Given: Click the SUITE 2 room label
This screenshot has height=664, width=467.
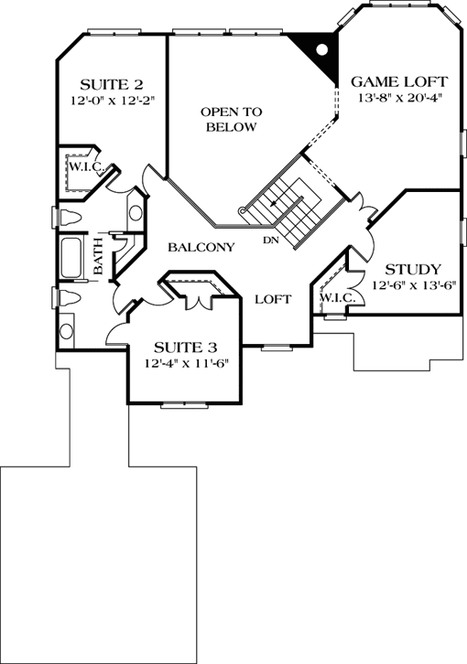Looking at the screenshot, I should tap(104, 80).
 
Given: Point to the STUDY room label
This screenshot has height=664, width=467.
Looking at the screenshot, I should tap(413, 269).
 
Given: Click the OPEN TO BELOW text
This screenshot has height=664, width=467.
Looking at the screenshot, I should tap(232, 119).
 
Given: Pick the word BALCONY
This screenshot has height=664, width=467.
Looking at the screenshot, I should tap(201, 247).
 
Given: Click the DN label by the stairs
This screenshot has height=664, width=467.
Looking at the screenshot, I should tap(271, 241).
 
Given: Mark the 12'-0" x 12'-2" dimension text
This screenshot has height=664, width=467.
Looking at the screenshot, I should tap(104, 99).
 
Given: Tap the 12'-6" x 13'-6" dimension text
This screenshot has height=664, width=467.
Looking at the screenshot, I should tap(414, 285).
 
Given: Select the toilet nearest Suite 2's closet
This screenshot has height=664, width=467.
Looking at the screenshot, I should tap(71, 217).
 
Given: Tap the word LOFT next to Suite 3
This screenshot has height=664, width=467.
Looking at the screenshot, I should tap(272, 299).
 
